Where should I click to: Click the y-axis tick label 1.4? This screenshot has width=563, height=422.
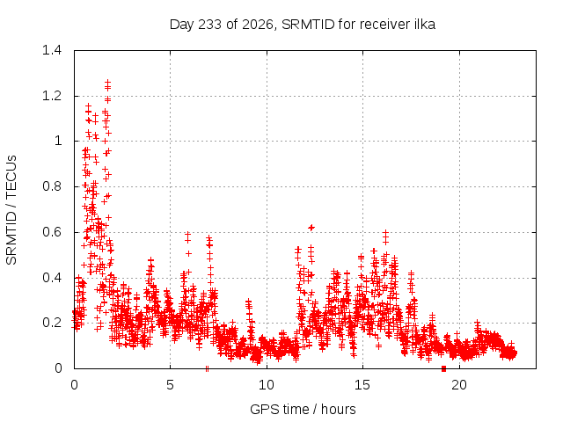pos(52,50)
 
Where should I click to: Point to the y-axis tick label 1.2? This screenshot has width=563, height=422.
pos(52,96)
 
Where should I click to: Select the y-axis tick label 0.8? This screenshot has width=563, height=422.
pos(52,186)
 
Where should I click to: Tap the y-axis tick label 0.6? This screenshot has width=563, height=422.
pos(52,232)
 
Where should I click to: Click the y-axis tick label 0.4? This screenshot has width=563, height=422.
pos(52,278)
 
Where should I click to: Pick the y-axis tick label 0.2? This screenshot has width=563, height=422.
pos(52,323)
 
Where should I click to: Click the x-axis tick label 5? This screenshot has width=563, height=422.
pos(170,385)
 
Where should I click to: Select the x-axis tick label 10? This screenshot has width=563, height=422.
pos(267,385)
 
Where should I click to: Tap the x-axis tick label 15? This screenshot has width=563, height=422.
pos(362,385)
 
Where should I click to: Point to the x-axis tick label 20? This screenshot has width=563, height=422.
pos(459,385)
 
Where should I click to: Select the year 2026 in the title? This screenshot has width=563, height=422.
pos(258,25)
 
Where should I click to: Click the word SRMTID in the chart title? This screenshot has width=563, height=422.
pos(308,25)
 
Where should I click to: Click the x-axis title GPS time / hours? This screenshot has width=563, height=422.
pos(303,409)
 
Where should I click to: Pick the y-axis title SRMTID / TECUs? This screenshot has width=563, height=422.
pos(11,210)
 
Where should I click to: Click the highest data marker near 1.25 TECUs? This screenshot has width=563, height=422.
pos(107,83)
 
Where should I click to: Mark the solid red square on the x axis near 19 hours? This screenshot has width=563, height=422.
pos(443,368)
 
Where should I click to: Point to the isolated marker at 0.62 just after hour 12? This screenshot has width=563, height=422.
pos(311,227)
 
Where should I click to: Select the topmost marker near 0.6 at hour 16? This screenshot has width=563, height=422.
pos(385,233)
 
